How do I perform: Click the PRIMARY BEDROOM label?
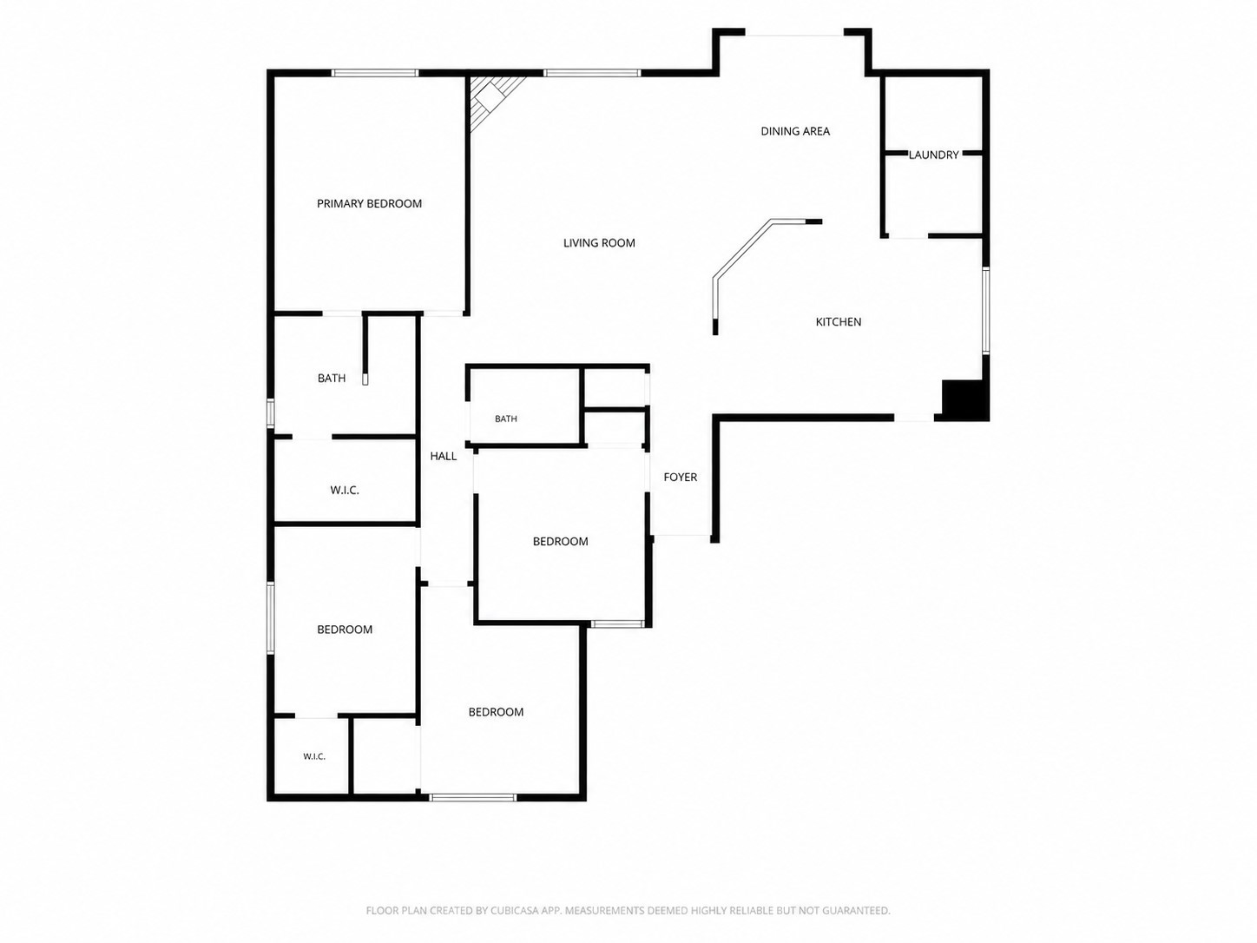click(x=369, y=204)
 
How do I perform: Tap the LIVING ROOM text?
click(x=599, y=243)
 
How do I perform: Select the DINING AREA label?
click(x=795, y=131)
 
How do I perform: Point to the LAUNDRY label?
click(x=933, y=155)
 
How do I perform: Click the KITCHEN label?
click(x=839, y=322)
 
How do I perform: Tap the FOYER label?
click(x=681, y=477)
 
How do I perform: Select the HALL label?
click(x=444, y=457)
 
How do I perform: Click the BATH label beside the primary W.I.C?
click(x=332, y=378)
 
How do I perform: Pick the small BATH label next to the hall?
click(x=505, y=419)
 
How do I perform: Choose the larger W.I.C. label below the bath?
click(x=344, y=491)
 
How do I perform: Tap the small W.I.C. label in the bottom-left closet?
click(x=314, y=757)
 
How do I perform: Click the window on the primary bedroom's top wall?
click(x=374, y=73)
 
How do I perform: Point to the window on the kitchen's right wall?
click(x=986, y=311)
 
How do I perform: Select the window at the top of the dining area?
click(x=794, y=36)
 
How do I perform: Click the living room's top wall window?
click(x=592, y=73)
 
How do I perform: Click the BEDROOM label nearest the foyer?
click(x=560, y=542)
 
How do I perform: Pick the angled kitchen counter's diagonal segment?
click(x=743, y=249)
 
